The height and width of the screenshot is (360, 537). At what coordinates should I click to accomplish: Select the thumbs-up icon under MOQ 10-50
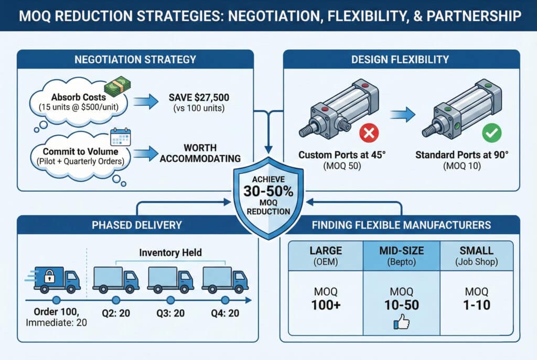pos(401,324)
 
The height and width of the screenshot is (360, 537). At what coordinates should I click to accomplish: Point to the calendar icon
pos(121,137)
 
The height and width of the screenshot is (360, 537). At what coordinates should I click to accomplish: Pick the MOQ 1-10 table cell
pos(477,299)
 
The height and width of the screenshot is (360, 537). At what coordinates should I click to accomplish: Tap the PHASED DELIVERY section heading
pos(136,225)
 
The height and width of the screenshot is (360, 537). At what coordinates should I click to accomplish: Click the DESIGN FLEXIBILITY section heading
pos(401,59)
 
